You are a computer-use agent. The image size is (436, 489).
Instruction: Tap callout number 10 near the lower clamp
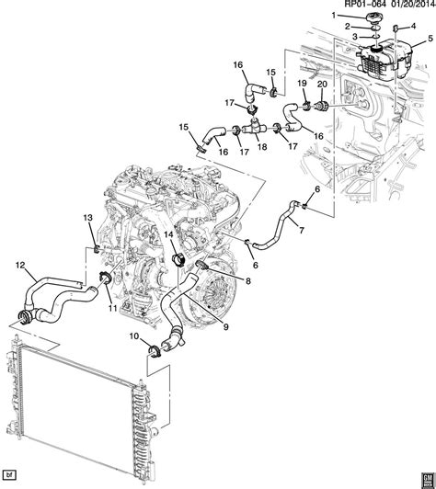coord(133,338)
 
